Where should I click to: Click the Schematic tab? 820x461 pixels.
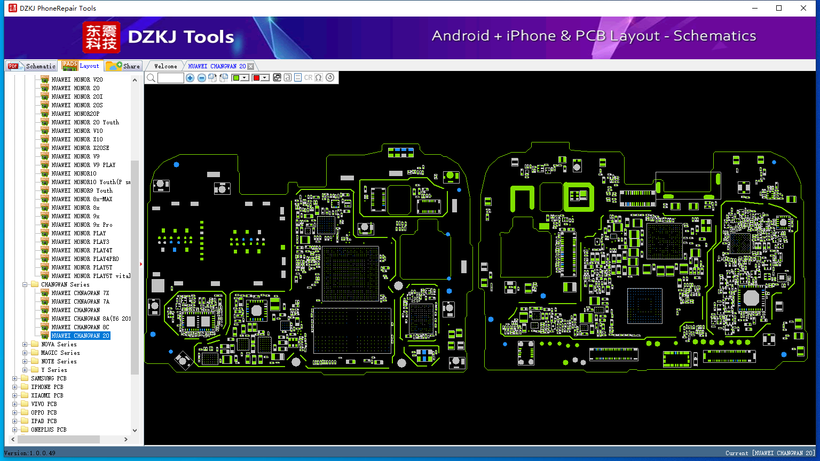[x=32, y=66]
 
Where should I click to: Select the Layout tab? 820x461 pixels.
[x=81, y=66]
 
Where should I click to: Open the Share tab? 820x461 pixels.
[x=123, y=66]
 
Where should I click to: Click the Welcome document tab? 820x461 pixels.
[x=165, y=66]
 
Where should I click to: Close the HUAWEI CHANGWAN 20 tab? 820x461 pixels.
[x=251, y=66]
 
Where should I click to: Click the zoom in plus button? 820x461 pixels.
[x=190, y=77]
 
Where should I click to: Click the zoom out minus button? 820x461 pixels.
[x=201, y=77]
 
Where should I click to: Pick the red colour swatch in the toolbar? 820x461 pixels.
[x=256, y=77]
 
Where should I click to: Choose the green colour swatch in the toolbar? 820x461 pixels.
[x=236, y=77]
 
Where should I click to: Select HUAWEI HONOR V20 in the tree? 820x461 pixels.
[x=77, y=80]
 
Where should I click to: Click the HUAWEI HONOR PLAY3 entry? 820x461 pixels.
[x=80, y=242]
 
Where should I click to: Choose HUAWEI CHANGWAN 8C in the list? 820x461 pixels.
[x=80, y=327]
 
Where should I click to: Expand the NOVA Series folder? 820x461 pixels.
[x=25, y=344]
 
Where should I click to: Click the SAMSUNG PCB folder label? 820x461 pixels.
[x=49, y=378]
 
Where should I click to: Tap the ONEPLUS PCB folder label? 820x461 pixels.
[x=49, y=430]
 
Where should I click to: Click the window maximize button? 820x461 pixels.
[x=779, y=8]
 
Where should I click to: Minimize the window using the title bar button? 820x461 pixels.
[x=755, y=8]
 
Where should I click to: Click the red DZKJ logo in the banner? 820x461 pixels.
[x=101, y=37]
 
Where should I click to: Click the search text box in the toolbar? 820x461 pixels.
[x=171, y=77]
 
